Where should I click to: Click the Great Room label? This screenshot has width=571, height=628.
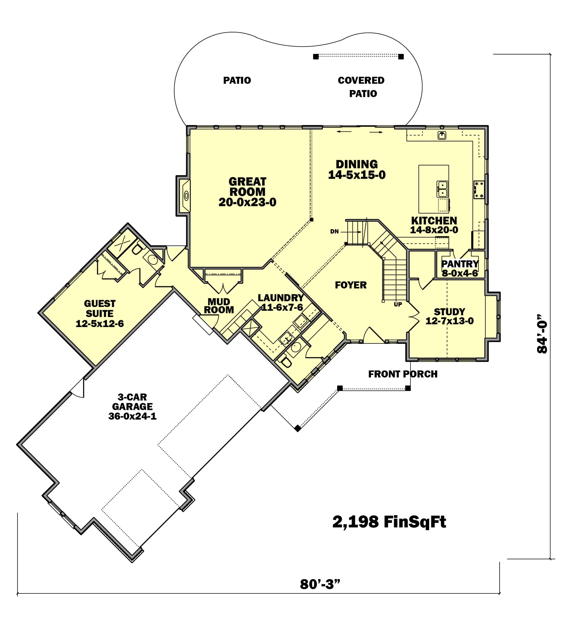[x=247, y=187]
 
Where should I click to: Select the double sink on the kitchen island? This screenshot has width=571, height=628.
[x=442, y=189]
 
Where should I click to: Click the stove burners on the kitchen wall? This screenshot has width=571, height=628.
[x=479, y=190]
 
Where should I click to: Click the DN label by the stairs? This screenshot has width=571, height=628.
[x=334, y=231]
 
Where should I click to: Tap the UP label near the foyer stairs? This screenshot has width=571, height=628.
[x=398, y=304]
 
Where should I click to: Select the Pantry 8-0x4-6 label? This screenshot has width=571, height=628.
[x=460, y=273]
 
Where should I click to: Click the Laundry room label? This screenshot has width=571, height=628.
[x=280, y=298]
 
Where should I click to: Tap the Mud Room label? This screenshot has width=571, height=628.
[x=219, y=305]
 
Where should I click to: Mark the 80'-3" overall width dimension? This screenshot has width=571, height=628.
[x=320, y=584]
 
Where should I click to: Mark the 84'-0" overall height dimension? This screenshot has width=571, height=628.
[x=542, y=333]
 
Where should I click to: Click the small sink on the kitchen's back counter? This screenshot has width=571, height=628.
[x=442, y=135]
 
